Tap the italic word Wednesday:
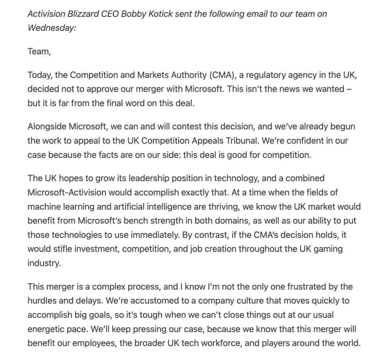tap(52, 28)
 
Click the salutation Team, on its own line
tap(39, 52)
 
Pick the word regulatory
tap(269, 75)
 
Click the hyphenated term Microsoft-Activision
tap(67, 192)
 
